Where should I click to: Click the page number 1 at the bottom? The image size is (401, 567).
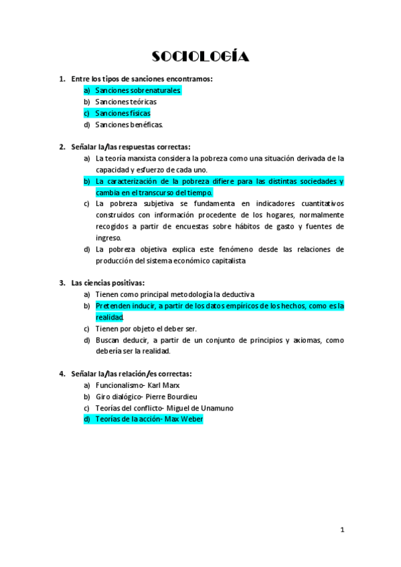click(x=342, y=530)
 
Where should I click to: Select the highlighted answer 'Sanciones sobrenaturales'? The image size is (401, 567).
click(x=138, y=90)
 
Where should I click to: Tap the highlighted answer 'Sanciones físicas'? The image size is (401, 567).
click(x=123, y=113)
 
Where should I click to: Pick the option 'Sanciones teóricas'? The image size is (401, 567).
click(x=126, y=102)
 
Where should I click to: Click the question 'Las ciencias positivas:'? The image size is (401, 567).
click(x=108, y=283)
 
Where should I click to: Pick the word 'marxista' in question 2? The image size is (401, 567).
click(x=141, y=158)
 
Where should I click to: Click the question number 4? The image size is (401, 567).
click(x=62, y=374)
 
